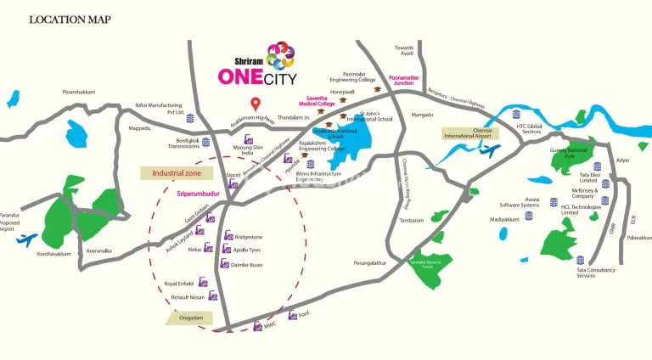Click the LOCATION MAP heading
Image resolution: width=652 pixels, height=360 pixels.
coord(70,19)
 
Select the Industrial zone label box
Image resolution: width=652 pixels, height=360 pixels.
coord(175,172)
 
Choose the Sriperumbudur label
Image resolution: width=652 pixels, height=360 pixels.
coord(199,194)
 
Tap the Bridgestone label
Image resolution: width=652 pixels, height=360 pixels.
coord(251,237)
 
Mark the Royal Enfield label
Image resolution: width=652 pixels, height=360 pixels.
coord(180,283)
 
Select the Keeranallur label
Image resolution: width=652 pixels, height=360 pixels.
coord(98,250)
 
